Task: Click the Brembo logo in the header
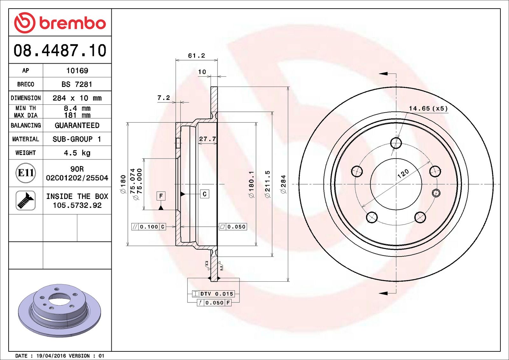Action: (x=60, y=23)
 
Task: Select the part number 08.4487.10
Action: (x=60, y=51)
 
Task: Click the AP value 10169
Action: (x=77, y=71)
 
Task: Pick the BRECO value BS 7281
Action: (x=77, y=84)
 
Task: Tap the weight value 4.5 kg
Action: (x=77, y=153)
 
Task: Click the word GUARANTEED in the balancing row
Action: (x=77, y=125)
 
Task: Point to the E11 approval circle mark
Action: (x=26, y=173)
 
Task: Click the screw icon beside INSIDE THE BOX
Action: (x=26, y=201)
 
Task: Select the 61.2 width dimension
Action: (x=196, y=56)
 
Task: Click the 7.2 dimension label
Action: (x=164, y=98)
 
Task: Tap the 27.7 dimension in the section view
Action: (x=207, y=139)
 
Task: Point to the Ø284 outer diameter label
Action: (x=283, y=184)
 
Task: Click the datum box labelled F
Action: (x=161, y=196)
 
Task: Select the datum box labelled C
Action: (x=205, y=194)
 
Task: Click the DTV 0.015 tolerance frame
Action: (x=213, y=294)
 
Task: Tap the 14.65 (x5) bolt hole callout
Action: (x=428, y=109)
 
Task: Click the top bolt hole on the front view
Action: (x=396, y=143)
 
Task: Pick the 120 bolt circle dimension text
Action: (x=403, y=173)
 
